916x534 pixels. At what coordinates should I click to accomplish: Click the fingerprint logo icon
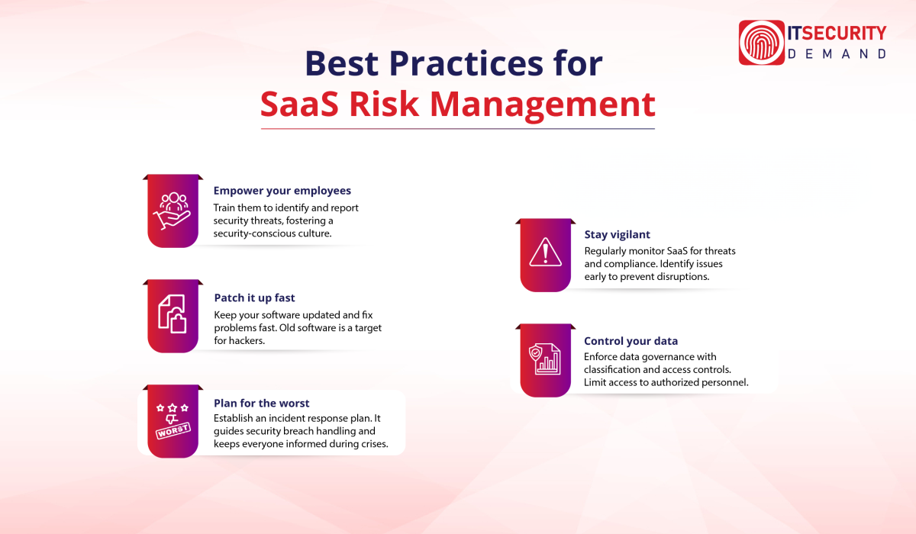(762, 43)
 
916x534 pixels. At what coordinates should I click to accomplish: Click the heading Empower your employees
(282, 191)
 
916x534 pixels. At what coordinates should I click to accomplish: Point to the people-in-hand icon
(173, 211)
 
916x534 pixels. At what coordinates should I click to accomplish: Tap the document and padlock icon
(173, 314)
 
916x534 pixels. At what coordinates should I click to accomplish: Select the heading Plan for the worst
(262, 403)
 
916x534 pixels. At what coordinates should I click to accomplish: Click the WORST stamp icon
(173, 421)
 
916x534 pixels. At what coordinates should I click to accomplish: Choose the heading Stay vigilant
(618, 235)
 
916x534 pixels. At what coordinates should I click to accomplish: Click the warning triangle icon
(545, 253)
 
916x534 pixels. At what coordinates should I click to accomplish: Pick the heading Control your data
(631, 341)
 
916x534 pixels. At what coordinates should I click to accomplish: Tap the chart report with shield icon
(545, 359)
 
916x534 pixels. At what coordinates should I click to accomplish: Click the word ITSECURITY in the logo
(838, 33)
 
